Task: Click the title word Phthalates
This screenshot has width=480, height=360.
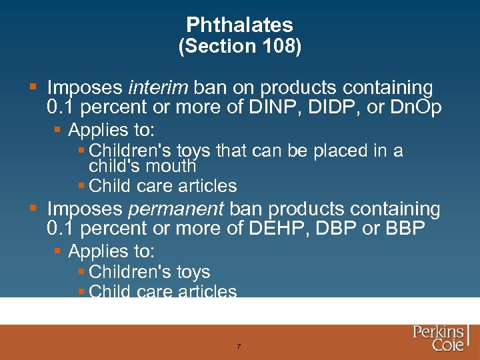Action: tap(239, 25)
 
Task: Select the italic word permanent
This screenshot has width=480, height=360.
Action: tap(175, 209)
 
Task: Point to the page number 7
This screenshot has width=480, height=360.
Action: tap(239, 347)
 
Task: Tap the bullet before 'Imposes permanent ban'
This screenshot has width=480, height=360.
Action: tap(33, 209)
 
